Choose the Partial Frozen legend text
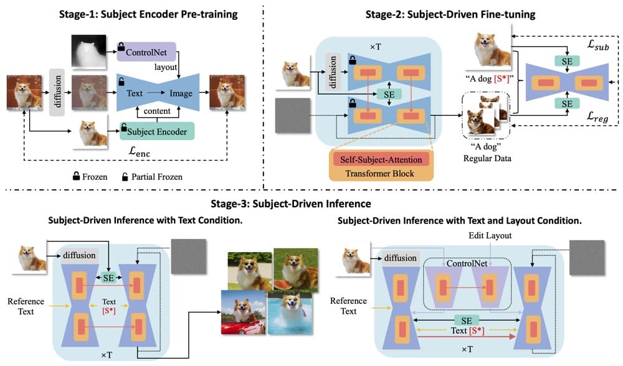pos(155,177)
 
